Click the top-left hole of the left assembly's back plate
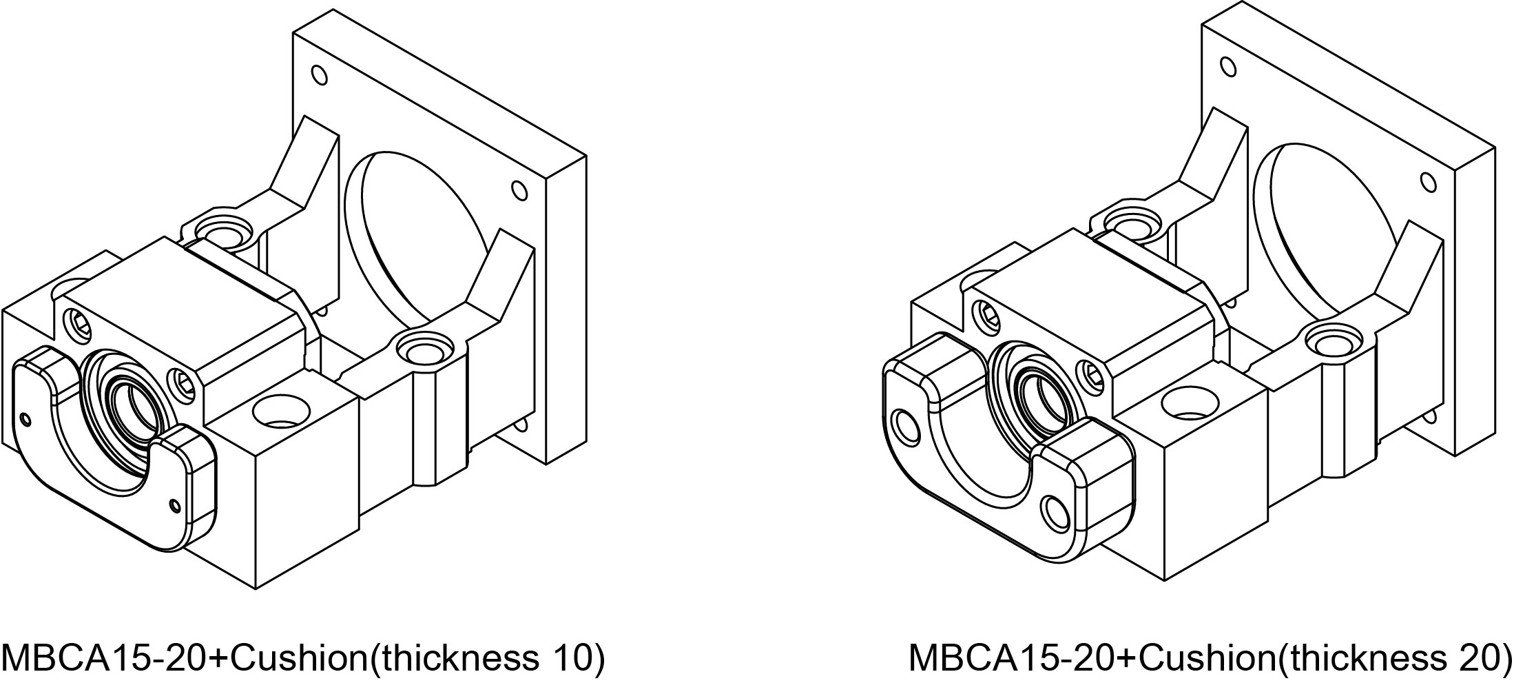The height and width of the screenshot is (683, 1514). (x=319, y=73)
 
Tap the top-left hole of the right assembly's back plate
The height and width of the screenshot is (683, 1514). (x=1227, y=67)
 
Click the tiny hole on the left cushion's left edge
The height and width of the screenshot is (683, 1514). (x=26, y=418)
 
